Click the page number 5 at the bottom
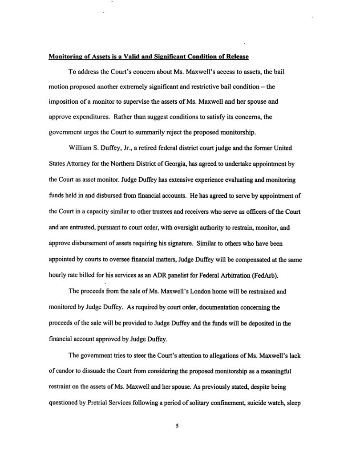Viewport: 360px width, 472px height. pyautogui.click(x=177, y=426)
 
